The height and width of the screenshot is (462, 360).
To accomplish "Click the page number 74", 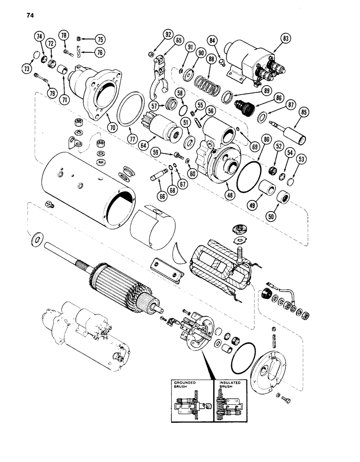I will [x=30, y=15].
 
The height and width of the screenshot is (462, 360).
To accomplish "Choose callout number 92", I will [x=167, y=35].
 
